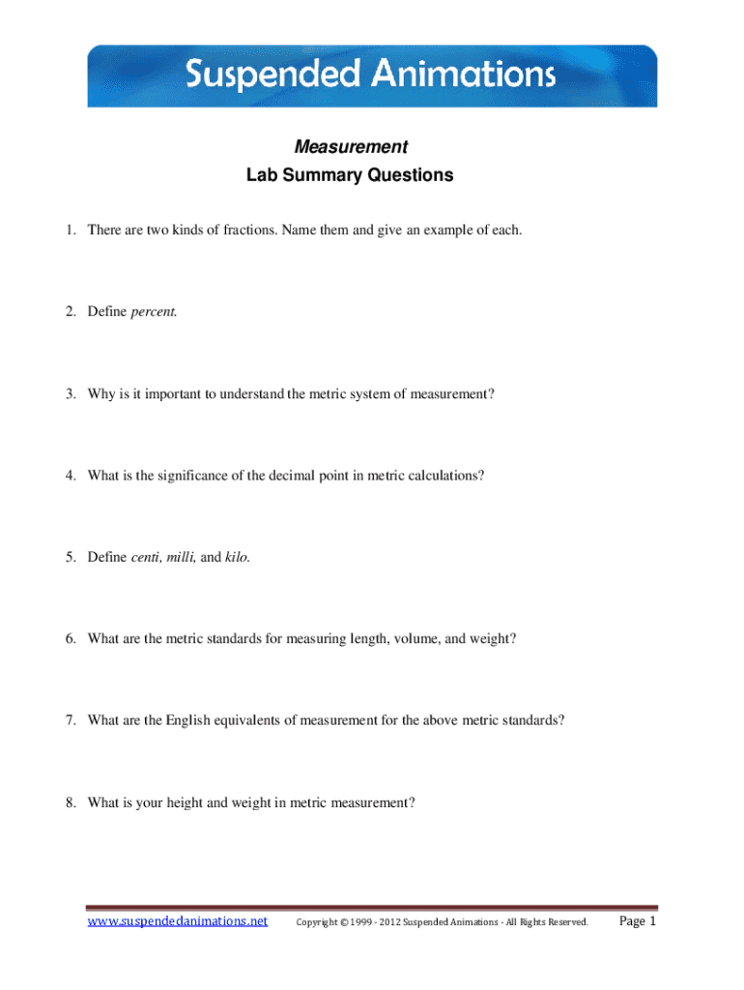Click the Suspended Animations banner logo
pos(371,74)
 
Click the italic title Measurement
pos(350,147)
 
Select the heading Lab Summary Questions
pos(349,175)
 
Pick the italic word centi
pos(146,557)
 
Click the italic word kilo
pos(237,557)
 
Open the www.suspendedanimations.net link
pos(178,921)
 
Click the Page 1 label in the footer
pos(637,921)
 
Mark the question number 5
pos(72,557)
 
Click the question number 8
pos(72,801)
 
